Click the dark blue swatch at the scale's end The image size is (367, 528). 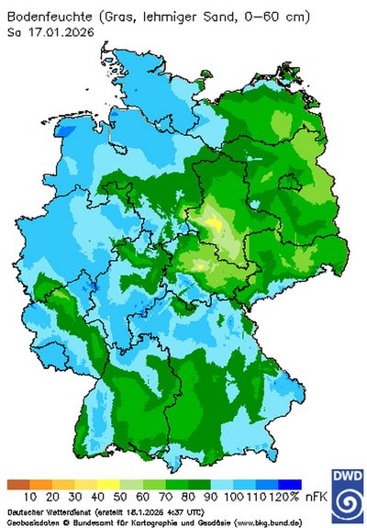pos(290,484)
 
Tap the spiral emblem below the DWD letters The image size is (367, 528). pos(349,505)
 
